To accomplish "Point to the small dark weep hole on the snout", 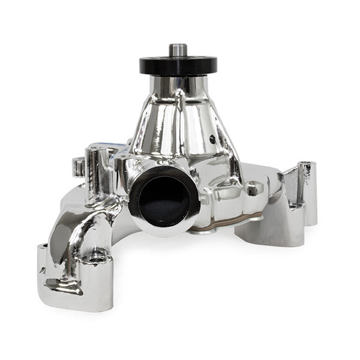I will pyautogui.click(x=212, y=139).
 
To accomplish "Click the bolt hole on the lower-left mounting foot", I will pyautogui.click(x=96, y=259).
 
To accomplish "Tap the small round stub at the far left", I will pyautogui.click(x=77, y=166).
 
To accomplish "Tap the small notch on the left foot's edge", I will pyautogui.click(x=43, y=271).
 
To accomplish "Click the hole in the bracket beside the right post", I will pyautogui.click(x=293, y=205).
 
